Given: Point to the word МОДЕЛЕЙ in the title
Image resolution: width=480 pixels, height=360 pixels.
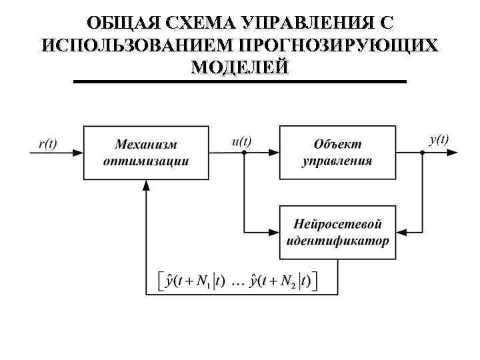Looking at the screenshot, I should coord(239,67).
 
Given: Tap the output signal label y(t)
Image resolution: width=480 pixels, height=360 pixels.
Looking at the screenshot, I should coord(439,140).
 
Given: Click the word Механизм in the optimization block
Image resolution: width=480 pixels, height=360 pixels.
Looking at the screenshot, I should coord(147,144).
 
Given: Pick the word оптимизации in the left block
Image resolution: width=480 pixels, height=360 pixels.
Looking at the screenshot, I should coord(147,161).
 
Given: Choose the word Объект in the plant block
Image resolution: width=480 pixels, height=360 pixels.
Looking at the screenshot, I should coord(337,144).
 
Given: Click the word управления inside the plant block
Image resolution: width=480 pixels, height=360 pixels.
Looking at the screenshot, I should coord(337,161).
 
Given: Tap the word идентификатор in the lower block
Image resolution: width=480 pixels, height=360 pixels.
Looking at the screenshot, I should coord(337,241).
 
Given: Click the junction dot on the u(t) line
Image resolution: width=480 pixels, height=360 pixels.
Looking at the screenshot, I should coord(244,153).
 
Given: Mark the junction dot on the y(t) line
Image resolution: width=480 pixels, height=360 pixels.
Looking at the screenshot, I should coord(423,153).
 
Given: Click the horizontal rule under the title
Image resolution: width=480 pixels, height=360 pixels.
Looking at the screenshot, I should coord(239,81).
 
